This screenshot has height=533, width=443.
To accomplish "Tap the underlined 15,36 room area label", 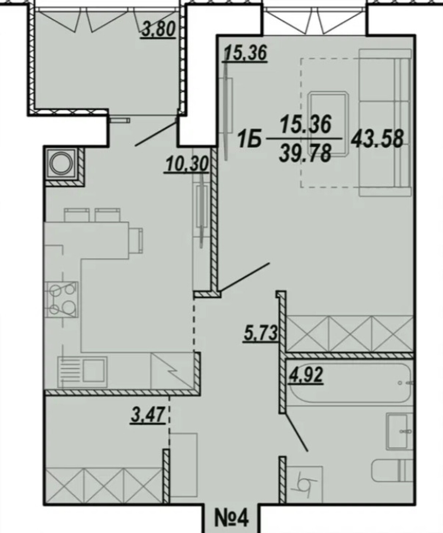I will pyautogui.click(x=246, y=53).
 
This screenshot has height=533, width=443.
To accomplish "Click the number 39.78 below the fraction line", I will pyautogui.click(x=305, y=154).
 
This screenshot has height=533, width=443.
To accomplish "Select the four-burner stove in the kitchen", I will pyautogui.click(x=61, y=299).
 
